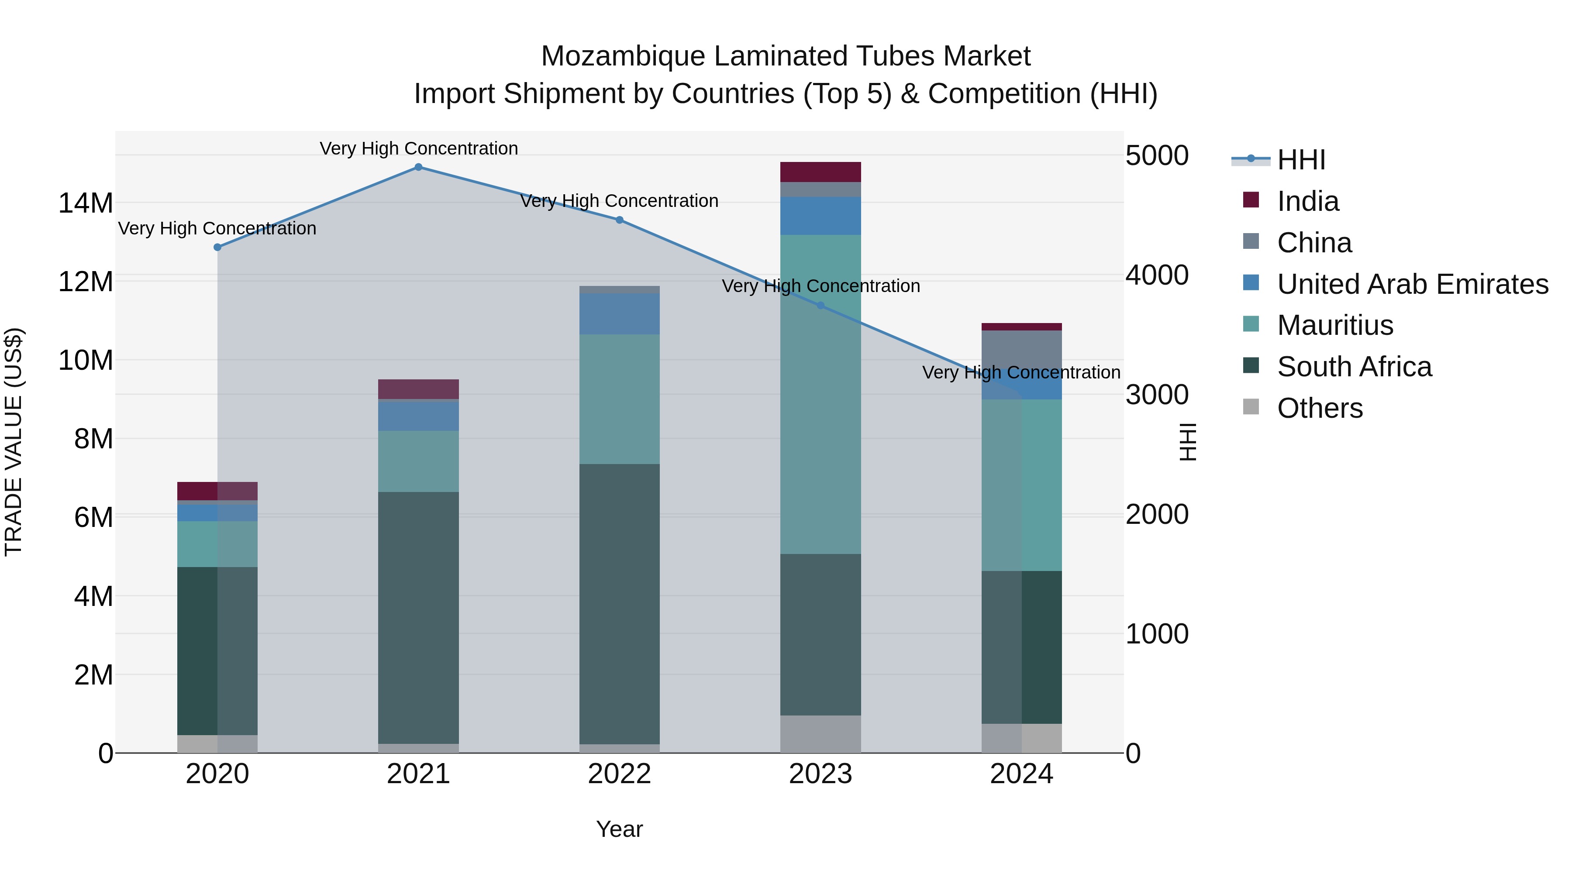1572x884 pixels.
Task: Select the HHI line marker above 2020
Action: point(217,247)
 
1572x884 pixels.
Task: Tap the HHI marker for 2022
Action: point(619,220)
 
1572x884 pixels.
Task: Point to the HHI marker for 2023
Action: point(821,306)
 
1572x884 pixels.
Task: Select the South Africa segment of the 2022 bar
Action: point(619,604)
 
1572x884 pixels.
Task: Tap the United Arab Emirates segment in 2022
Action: point(619,314)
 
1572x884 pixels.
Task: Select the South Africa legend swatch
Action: point(1251,366)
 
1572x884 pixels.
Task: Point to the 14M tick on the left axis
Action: point(86,203)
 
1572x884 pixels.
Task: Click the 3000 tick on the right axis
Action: point(1156,395)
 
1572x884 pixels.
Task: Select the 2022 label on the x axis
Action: point(619,774)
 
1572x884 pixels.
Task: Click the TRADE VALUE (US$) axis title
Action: point(14,442)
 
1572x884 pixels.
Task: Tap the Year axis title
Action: point(619,829)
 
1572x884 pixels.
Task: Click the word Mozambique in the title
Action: point(622,57)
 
